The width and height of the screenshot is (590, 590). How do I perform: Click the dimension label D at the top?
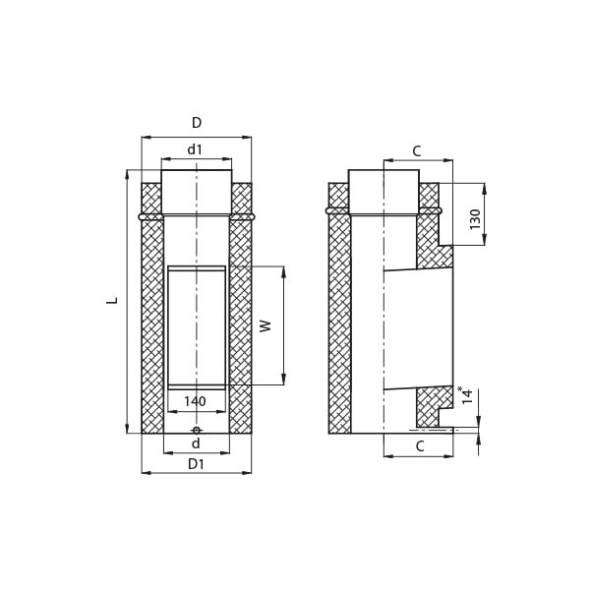197,123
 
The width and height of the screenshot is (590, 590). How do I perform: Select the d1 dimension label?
195,149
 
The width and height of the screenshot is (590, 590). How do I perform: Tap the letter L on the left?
112,301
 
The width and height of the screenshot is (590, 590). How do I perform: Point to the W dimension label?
265,325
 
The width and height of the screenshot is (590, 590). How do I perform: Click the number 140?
196,401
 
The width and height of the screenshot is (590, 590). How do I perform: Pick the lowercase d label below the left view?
196,443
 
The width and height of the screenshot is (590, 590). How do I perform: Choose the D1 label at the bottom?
196,464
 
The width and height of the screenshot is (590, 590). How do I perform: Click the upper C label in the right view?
417,151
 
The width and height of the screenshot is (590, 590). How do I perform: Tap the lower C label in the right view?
420,446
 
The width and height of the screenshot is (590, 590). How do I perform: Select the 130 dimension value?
475,219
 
